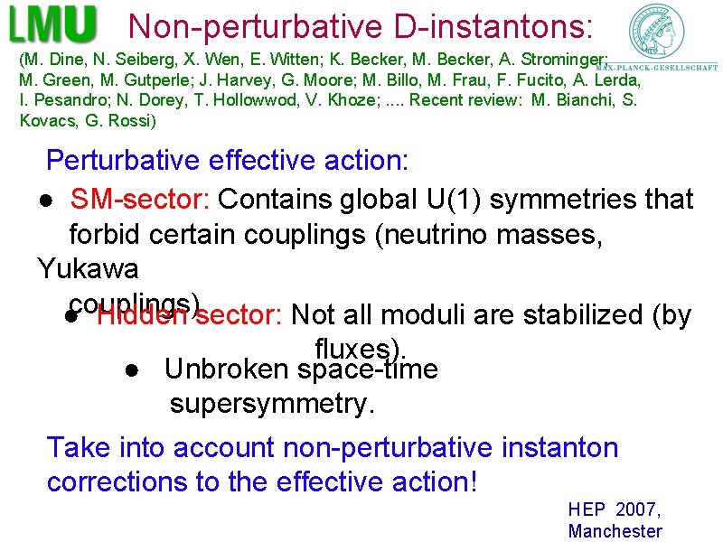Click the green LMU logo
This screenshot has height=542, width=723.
tap(53, 24)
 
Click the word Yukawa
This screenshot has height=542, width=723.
tap(88, 269)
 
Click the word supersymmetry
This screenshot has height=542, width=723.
tap(271, 404)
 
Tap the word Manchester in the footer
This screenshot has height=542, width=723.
tap(615, 531)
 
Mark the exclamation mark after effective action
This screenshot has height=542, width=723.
tap(472, 481)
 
